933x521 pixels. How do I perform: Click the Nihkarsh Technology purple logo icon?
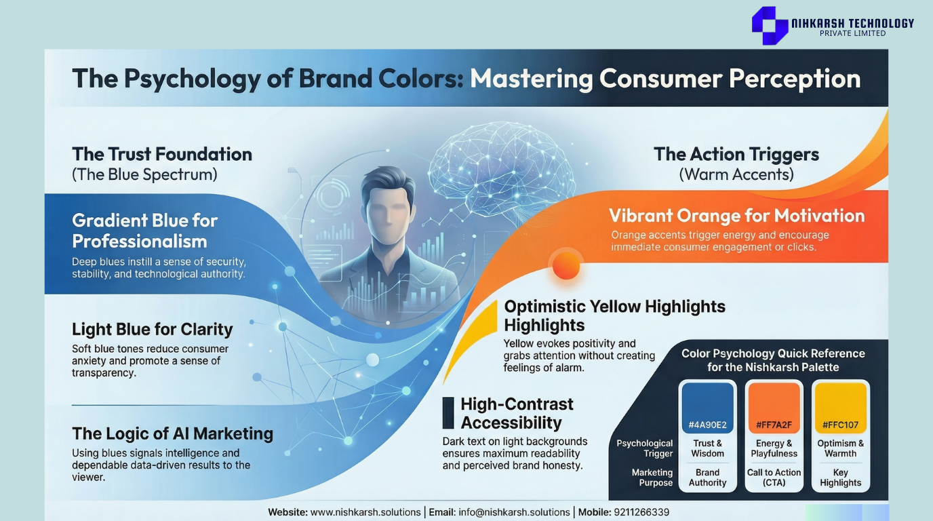[770, 25]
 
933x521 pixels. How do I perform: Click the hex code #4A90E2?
[707, 425]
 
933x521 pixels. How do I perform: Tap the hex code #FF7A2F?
[774, 425]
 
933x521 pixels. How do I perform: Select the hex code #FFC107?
[840, 425]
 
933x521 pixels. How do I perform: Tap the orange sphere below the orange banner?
[566, 265]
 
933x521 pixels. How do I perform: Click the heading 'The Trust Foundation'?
[162, 154]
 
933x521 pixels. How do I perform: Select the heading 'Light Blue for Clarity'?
[153, 329]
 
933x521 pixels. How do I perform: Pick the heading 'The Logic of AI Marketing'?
[172, 433]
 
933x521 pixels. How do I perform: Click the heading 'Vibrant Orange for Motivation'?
[737, 216]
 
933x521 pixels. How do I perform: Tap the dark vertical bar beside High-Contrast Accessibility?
[448, 412]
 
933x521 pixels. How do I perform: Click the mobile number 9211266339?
[641, 512]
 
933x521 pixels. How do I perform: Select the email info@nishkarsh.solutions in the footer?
[514, 512]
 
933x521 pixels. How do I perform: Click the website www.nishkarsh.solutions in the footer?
[365, 512]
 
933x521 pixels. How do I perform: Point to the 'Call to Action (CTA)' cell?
[774, 478]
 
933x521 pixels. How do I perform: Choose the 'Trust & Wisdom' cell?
[707, 448]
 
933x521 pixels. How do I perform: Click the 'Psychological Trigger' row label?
[645, 448]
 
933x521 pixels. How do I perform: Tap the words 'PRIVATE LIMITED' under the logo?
[852, 33]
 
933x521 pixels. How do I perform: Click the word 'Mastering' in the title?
[532, 79]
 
